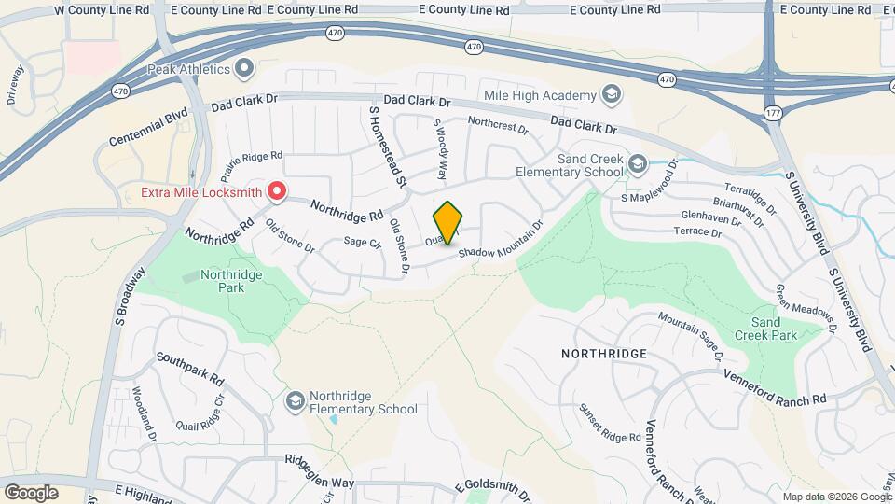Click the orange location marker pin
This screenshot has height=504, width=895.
tap(448, 223)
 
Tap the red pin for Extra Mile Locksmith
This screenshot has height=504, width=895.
tap(277, 191)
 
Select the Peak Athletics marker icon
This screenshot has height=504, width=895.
tap(245, 68)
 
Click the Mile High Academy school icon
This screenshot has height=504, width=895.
tap(611, 94)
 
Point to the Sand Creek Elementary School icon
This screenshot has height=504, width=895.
tap(638, 165)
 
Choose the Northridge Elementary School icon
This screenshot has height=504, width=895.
tap(296, 400)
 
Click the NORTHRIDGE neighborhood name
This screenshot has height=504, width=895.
tap(604, 354)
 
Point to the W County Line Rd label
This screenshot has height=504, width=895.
tap(102, 9)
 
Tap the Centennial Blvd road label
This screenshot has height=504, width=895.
tap(148, 127)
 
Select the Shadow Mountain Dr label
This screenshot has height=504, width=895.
tap(500, 241)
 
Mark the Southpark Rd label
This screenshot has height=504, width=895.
tap(190, 369)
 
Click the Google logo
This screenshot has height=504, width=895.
tap(31, 491)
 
